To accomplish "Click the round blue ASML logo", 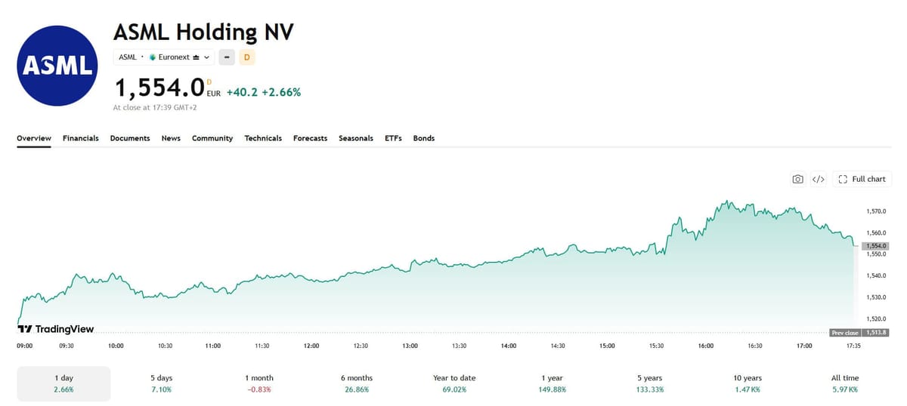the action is click(x=57, y=66).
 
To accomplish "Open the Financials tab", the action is click(x=81, y=138).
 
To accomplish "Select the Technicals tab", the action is click(x=263, y=138).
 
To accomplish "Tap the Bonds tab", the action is click(x=423, y=138).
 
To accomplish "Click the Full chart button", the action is click(x=862, y=179).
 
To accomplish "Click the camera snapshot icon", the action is click(x=797, y=179).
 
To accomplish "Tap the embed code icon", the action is click(x=819, y=179).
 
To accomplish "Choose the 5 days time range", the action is click(x=162, y=383).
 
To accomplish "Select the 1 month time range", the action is click(x=259, y=383).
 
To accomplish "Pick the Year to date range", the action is click(x=454, y=383).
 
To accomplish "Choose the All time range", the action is click(x=845, y=383).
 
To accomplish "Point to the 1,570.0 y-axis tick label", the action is click(x=876, y=211).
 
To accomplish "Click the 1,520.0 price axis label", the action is click(x=876, y=318).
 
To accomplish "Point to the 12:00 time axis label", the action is click(x=311, y=346).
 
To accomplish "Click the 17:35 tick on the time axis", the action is click(x=853, y=346).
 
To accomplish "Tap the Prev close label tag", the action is click(x=845, y=333).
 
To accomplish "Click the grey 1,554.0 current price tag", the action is click(x=875, y=246).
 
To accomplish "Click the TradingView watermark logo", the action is click(x=55, y=329).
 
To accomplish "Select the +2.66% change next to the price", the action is click(x=281, y=93).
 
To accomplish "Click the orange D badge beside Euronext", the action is click(x=247, y=57).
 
